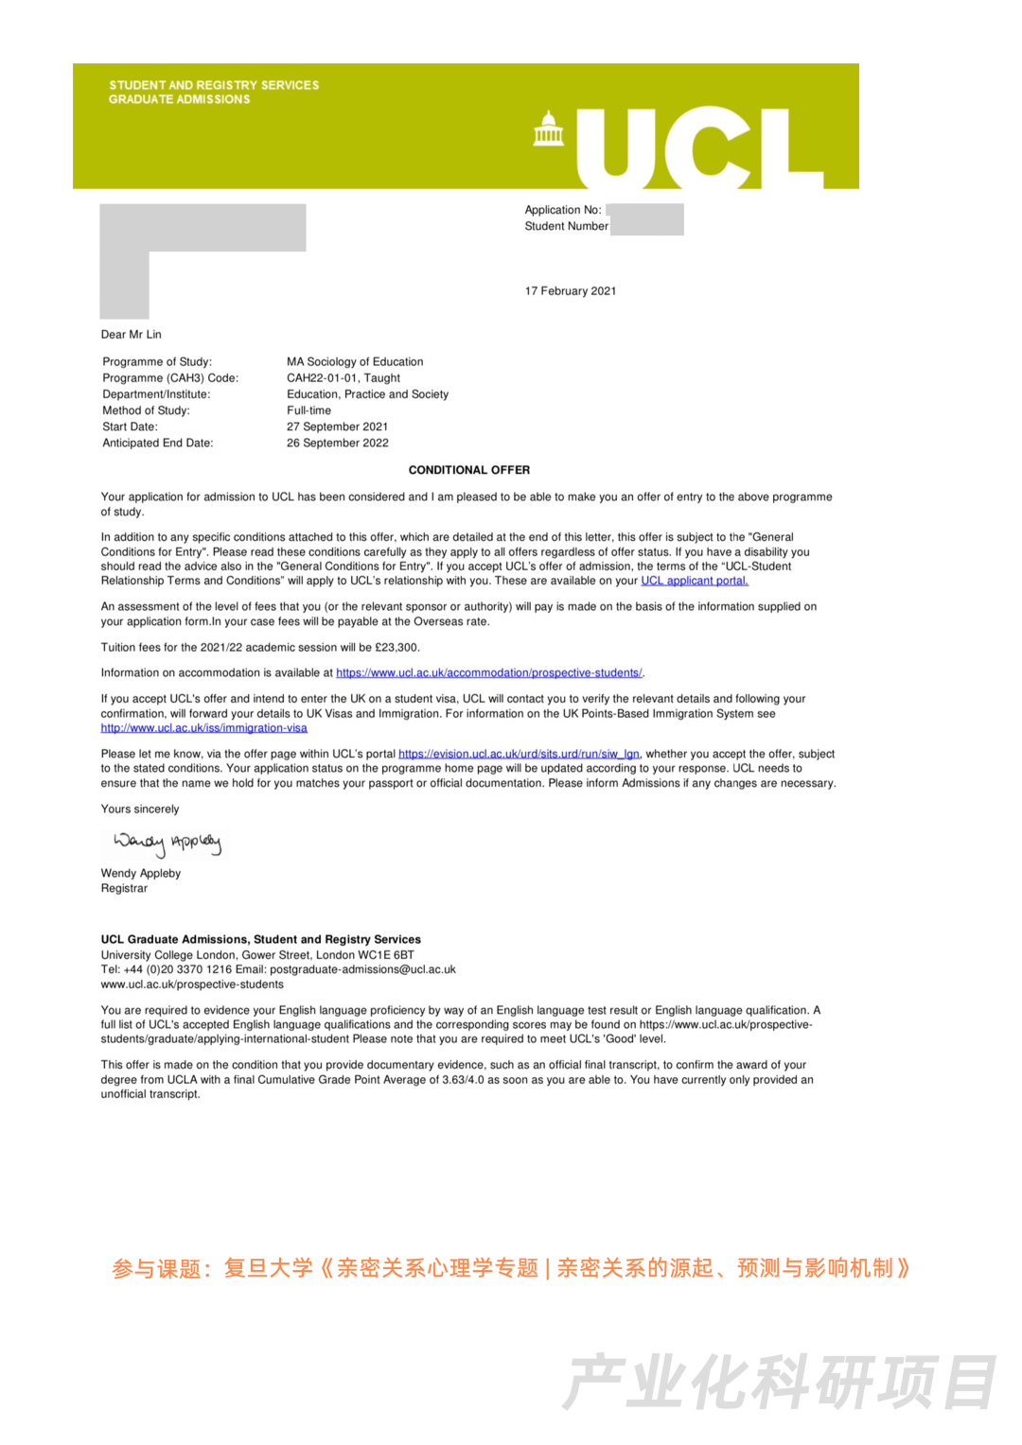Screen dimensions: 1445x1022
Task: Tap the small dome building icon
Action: [548, 130]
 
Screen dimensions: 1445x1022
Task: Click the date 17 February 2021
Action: [571, 291]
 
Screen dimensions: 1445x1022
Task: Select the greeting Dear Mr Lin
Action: [132, 335]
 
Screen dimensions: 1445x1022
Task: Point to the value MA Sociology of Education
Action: [355, 362]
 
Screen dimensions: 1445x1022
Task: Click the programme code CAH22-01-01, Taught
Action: [344, 378]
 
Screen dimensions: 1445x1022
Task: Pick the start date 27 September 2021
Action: [337, 427]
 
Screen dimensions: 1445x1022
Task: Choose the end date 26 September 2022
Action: [337, 444]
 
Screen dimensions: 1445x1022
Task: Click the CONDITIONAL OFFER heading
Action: [469, 470]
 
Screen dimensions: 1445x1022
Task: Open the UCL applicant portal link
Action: [694, 582]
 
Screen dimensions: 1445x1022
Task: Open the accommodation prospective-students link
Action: [488, 673]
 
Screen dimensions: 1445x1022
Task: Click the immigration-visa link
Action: [204, 728]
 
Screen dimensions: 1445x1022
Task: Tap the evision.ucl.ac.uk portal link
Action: [519, 755]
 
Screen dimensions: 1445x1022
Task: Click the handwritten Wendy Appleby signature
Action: [167, 842]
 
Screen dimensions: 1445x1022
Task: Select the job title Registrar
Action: [124, 889]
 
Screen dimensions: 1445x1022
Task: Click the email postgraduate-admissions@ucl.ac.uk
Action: [362, 970]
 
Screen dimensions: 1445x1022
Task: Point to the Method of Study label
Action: [146, 411]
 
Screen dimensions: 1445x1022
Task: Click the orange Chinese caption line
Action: [511, 1268]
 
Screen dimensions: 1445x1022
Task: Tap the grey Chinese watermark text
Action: [779, 1383]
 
